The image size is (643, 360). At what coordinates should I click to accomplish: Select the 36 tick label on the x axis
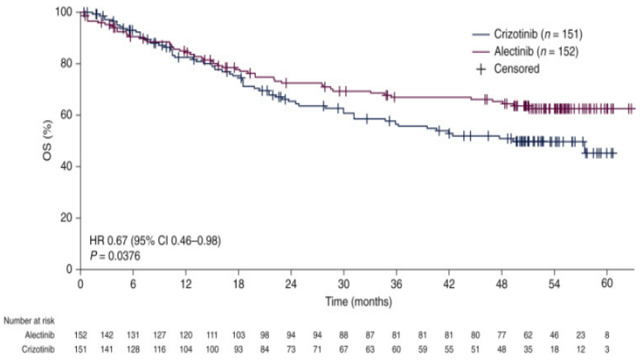[x=396, y=282]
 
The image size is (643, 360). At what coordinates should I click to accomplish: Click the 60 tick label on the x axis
[x=607, y=282]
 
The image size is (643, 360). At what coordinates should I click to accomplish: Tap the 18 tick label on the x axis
[x=238, y=282]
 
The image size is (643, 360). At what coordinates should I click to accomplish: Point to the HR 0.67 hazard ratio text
[x=155, y=240]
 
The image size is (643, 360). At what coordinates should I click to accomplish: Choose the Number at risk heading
[x=30, y=319]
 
